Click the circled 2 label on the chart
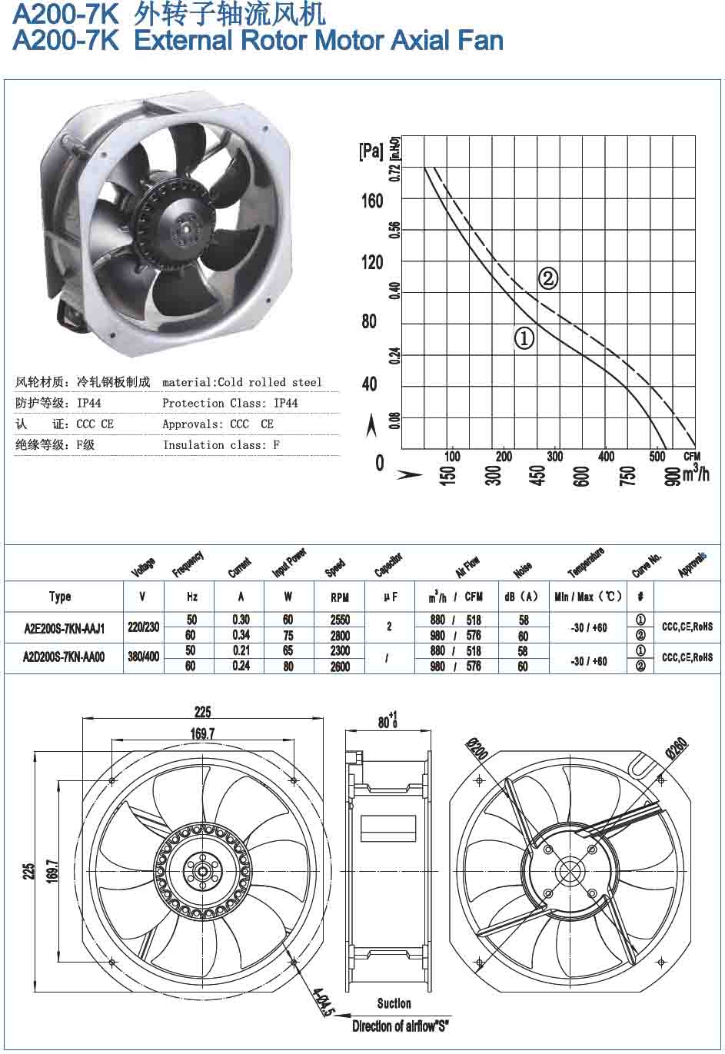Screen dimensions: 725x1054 (547, 278)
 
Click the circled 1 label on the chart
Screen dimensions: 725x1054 (524, 337)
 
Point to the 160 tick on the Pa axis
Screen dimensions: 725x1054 (372, 201)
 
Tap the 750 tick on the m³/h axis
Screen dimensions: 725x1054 (628, 475)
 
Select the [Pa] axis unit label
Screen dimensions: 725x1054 (371, 151)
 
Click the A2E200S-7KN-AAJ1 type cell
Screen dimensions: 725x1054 (65, 628)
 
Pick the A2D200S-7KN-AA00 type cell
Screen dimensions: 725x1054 (64, 657)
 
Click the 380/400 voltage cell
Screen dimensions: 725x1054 (144, 657)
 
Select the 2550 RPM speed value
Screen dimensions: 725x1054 (340, 620)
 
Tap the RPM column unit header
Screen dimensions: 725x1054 (340, 597)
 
